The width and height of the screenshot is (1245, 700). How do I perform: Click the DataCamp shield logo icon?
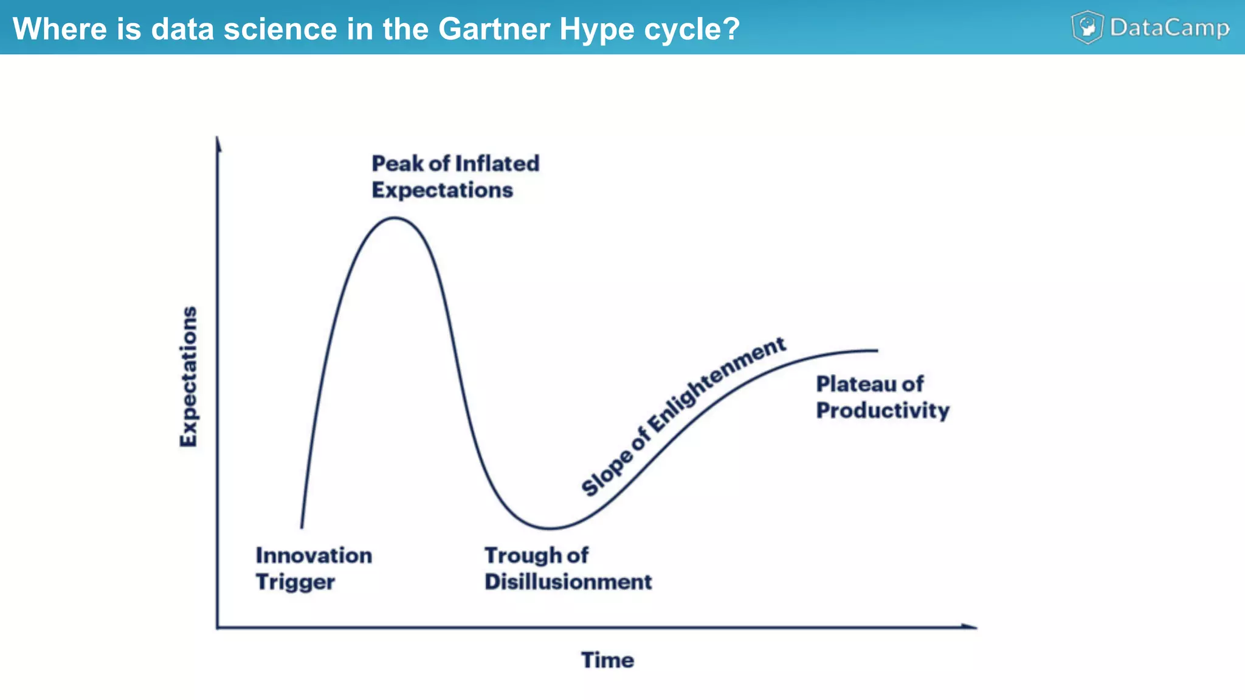[x=1087, y=27]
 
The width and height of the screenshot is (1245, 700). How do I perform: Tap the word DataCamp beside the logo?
[x=1170, y=28]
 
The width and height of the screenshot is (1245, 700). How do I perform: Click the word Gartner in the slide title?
[x=494, y=29]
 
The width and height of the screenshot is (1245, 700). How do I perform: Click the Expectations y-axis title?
[x=188, y=377]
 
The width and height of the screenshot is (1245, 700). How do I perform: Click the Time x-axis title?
[x=607, y=660]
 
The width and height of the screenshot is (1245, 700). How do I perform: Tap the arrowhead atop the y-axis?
[x=218, y=143]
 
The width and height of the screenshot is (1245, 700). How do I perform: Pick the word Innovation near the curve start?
[x=314, y=555]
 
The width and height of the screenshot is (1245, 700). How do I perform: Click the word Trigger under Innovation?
[x=295, y=582]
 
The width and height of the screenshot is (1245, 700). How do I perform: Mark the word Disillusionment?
[x=568, y=582]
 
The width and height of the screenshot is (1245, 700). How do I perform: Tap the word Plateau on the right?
[x=856, y=384]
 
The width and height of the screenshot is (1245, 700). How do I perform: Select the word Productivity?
[x=883, y=411]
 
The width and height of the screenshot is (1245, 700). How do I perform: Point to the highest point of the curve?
[x=395, y=218]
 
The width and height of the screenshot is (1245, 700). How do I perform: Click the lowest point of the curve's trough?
[x=549, y=528]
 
